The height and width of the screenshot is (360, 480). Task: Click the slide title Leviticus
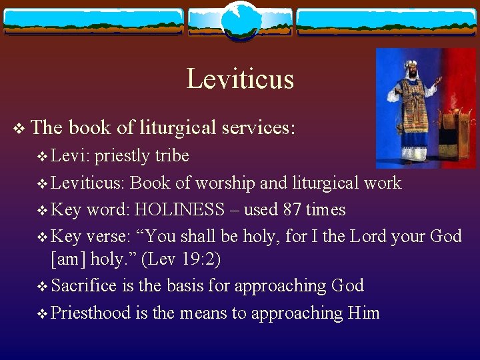click(240, 79)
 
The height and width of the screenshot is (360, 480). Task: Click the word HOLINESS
click(179, 210)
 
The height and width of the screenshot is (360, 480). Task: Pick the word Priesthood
click(91, 313)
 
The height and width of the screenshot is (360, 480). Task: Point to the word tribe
click(172, 156)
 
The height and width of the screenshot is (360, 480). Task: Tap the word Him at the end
click(363, 313)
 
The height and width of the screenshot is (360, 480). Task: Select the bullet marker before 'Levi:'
click(44, 157)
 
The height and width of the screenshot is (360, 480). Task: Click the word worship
click(216, 183)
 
